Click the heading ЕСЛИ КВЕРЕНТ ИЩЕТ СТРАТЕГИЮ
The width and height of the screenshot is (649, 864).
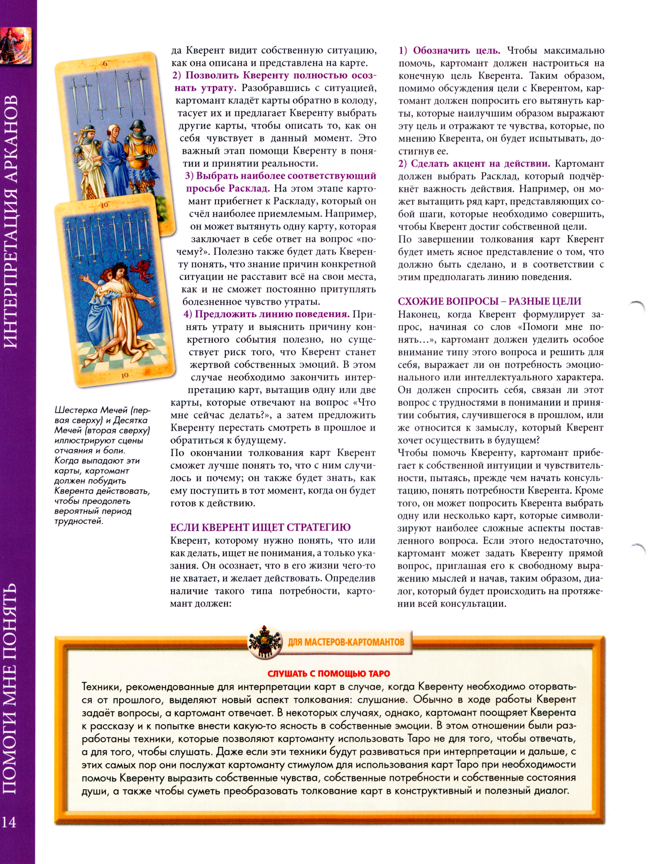pyautogui.click(x=260, y=527)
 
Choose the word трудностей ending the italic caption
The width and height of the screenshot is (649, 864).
pyautogui.click(x=78, y=521)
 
